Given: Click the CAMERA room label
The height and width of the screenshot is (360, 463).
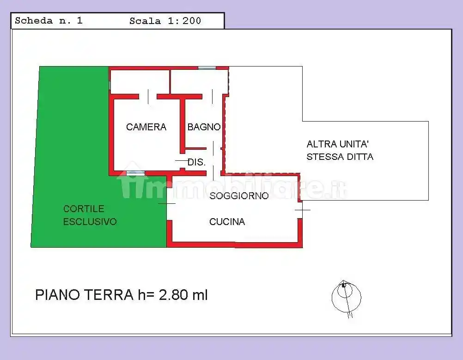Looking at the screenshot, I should pos(146,127).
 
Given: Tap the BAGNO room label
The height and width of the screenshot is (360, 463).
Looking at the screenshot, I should pos(204,127).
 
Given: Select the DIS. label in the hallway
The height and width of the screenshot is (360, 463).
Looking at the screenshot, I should pos(196,162).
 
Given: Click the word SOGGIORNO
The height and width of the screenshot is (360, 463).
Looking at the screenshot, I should pos(239,196).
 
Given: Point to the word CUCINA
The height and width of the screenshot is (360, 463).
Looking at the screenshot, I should pos(227,222).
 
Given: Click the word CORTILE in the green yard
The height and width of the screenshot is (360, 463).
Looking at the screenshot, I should pos(84,209).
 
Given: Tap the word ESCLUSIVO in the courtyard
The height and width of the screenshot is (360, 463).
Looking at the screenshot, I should pos(90,222).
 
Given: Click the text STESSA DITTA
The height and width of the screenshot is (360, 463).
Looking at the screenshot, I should pos(340,157).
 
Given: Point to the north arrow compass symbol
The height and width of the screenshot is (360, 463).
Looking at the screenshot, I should pos(346,297).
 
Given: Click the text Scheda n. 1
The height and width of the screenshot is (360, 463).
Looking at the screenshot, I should pos(49,21).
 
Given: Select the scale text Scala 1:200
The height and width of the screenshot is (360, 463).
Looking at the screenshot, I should pos(165,21).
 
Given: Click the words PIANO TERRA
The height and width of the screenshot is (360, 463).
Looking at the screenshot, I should pos(84,295).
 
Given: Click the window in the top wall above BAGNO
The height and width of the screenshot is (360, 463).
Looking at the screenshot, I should pos(207,68).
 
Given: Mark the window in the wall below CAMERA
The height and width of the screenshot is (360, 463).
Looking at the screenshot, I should pos(135,173).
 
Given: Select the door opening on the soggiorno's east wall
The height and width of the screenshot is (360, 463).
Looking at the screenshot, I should pos(300,210).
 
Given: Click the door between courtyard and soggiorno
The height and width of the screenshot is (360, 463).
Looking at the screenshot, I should pos(167,204).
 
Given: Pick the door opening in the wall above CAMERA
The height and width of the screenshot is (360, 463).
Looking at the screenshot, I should pos(148,97).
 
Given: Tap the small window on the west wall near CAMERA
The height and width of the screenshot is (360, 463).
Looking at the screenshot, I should pos(110,85).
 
